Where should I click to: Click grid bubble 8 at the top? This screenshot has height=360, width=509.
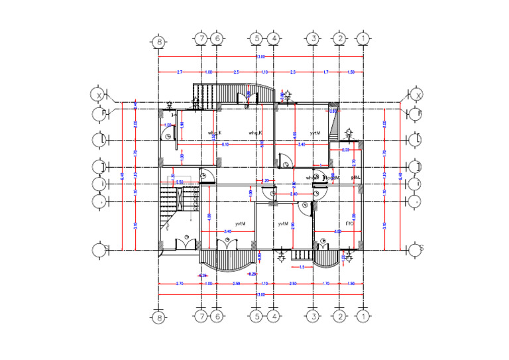tap(158, 41)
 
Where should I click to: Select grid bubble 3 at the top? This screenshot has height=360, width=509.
tap(313, 39)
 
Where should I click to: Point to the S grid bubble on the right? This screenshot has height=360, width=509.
tap(416, 250)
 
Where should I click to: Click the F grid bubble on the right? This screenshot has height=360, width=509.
tap(416, 113)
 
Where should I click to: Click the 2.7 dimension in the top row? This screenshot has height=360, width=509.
tap(179, 71)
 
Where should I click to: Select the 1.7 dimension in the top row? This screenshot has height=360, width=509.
tap(325, 71)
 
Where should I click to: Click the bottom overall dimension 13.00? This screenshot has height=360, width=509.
tap(260, 294)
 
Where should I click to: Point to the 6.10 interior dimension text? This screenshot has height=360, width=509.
tap(225, 144)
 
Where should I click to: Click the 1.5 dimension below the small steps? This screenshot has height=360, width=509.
tap(302, 267)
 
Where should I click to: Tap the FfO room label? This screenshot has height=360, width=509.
tap(349, 224)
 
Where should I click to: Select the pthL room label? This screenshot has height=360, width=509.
tap(355, 178)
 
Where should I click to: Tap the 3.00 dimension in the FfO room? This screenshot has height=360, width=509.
tap(337, 231)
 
